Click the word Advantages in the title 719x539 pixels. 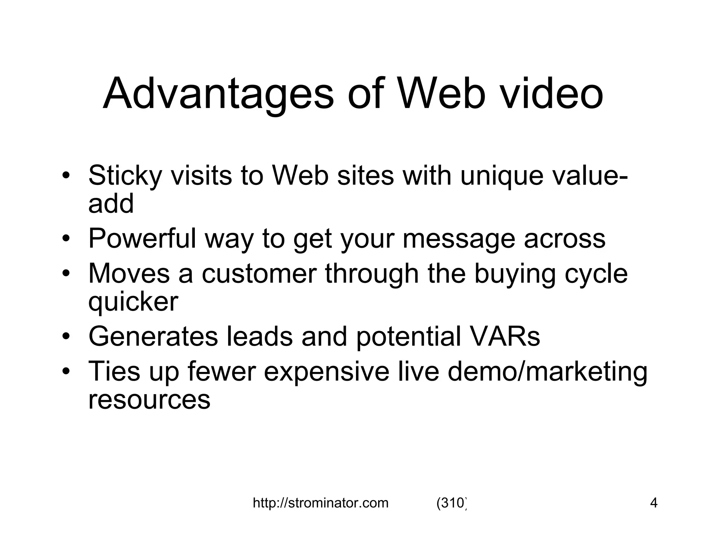(x=218, y=94)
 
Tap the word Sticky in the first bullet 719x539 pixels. (x=125, y=175)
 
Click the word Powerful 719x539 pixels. (x=142, y=238)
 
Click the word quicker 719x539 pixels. (x=133, y=302)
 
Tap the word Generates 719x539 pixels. (x=153, y=336)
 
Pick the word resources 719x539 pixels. (x=149, y=400)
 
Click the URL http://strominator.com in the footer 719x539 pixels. (x=321, y=503)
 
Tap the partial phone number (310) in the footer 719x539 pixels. (x=451, y=503)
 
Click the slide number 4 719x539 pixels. (x=654, y=503)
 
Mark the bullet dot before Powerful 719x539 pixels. (x=65, y=239)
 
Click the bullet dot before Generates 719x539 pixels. (x=65, y=337)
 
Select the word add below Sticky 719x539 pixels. (x=111, y=203)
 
